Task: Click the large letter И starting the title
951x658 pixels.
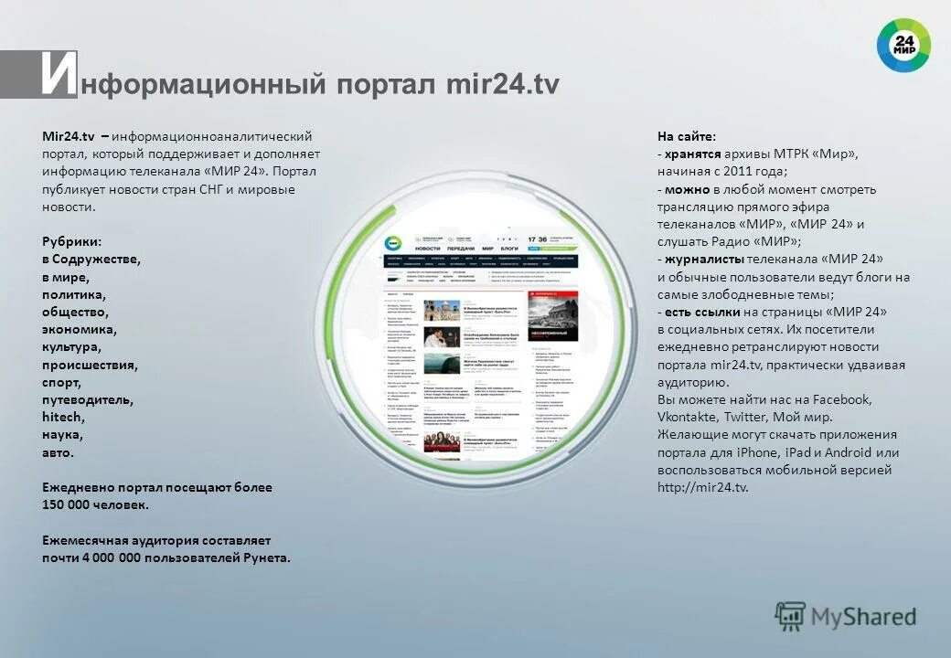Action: coord(57,75)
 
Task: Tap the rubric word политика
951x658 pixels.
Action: coord(74,295)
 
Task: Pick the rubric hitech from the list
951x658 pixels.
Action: coord(61,418)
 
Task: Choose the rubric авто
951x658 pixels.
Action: coord(58,452)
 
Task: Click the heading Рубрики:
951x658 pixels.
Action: coord(72,241)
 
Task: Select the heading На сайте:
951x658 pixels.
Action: coord(687,136)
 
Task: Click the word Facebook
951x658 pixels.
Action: coord(841,399)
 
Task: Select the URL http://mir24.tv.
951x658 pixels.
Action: coord(702,487)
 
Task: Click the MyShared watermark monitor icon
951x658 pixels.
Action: coord(790,615)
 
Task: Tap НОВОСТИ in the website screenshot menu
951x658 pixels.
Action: coord(428,249)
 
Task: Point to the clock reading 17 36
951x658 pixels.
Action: coord(538,239)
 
